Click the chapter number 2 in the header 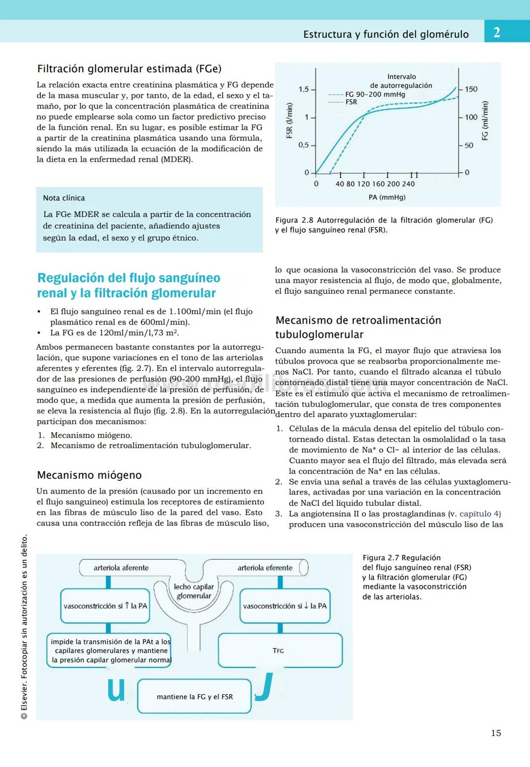click(497, 32)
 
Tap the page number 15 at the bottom click(496, 733)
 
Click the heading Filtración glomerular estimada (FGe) click(129, 69)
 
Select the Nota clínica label click(64, 198)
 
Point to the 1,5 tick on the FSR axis click(304, 89)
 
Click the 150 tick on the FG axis click(471, 89)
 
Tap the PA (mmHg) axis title click(387, 197)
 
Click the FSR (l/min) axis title click(290, 120)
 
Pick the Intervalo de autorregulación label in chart click(401, 81)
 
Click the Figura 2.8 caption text click(384, 225)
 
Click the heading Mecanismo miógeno click(89, 475)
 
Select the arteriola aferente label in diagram click(121, 568)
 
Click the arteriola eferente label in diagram click(265, 568)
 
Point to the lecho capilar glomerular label click(194, 591)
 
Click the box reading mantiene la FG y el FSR click(194, 696)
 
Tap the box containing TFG click(280, 650)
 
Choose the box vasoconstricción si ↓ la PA click(285, 606)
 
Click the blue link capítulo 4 click(480, 514)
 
